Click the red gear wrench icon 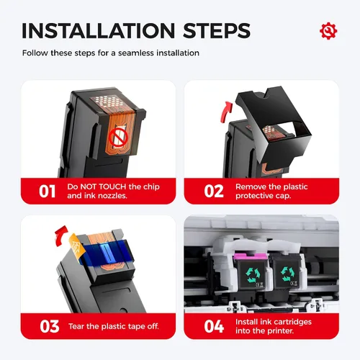[328, 31]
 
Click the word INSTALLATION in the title [99, 31]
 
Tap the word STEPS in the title [217, 31]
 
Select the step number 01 [48, 192]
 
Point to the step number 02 [214, 192]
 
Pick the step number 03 [50, 326]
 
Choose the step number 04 [214, 326]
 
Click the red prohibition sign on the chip [118, 138]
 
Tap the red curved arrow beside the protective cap [226, 112]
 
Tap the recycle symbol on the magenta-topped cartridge [253, 274]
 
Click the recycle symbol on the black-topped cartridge [287, 274]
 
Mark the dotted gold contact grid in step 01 [107, 102]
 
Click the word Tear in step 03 [76, 326]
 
